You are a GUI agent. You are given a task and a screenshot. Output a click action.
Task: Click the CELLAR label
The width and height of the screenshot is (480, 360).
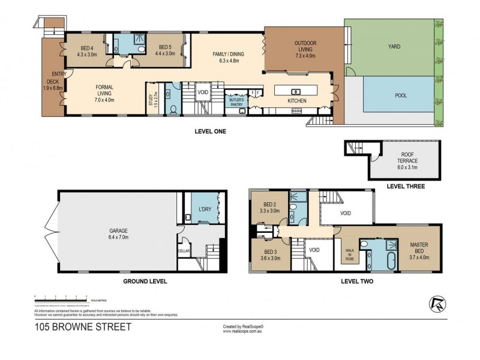click(x=184, y=251)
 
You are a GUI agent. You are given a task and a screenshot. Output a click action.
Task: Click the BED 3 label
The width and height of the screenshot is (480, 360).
click(x=269, y=253)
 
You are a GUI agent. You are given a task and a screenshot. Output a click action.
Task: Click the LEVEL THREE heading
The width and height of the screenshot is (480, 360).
click(x=406, y=187)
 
